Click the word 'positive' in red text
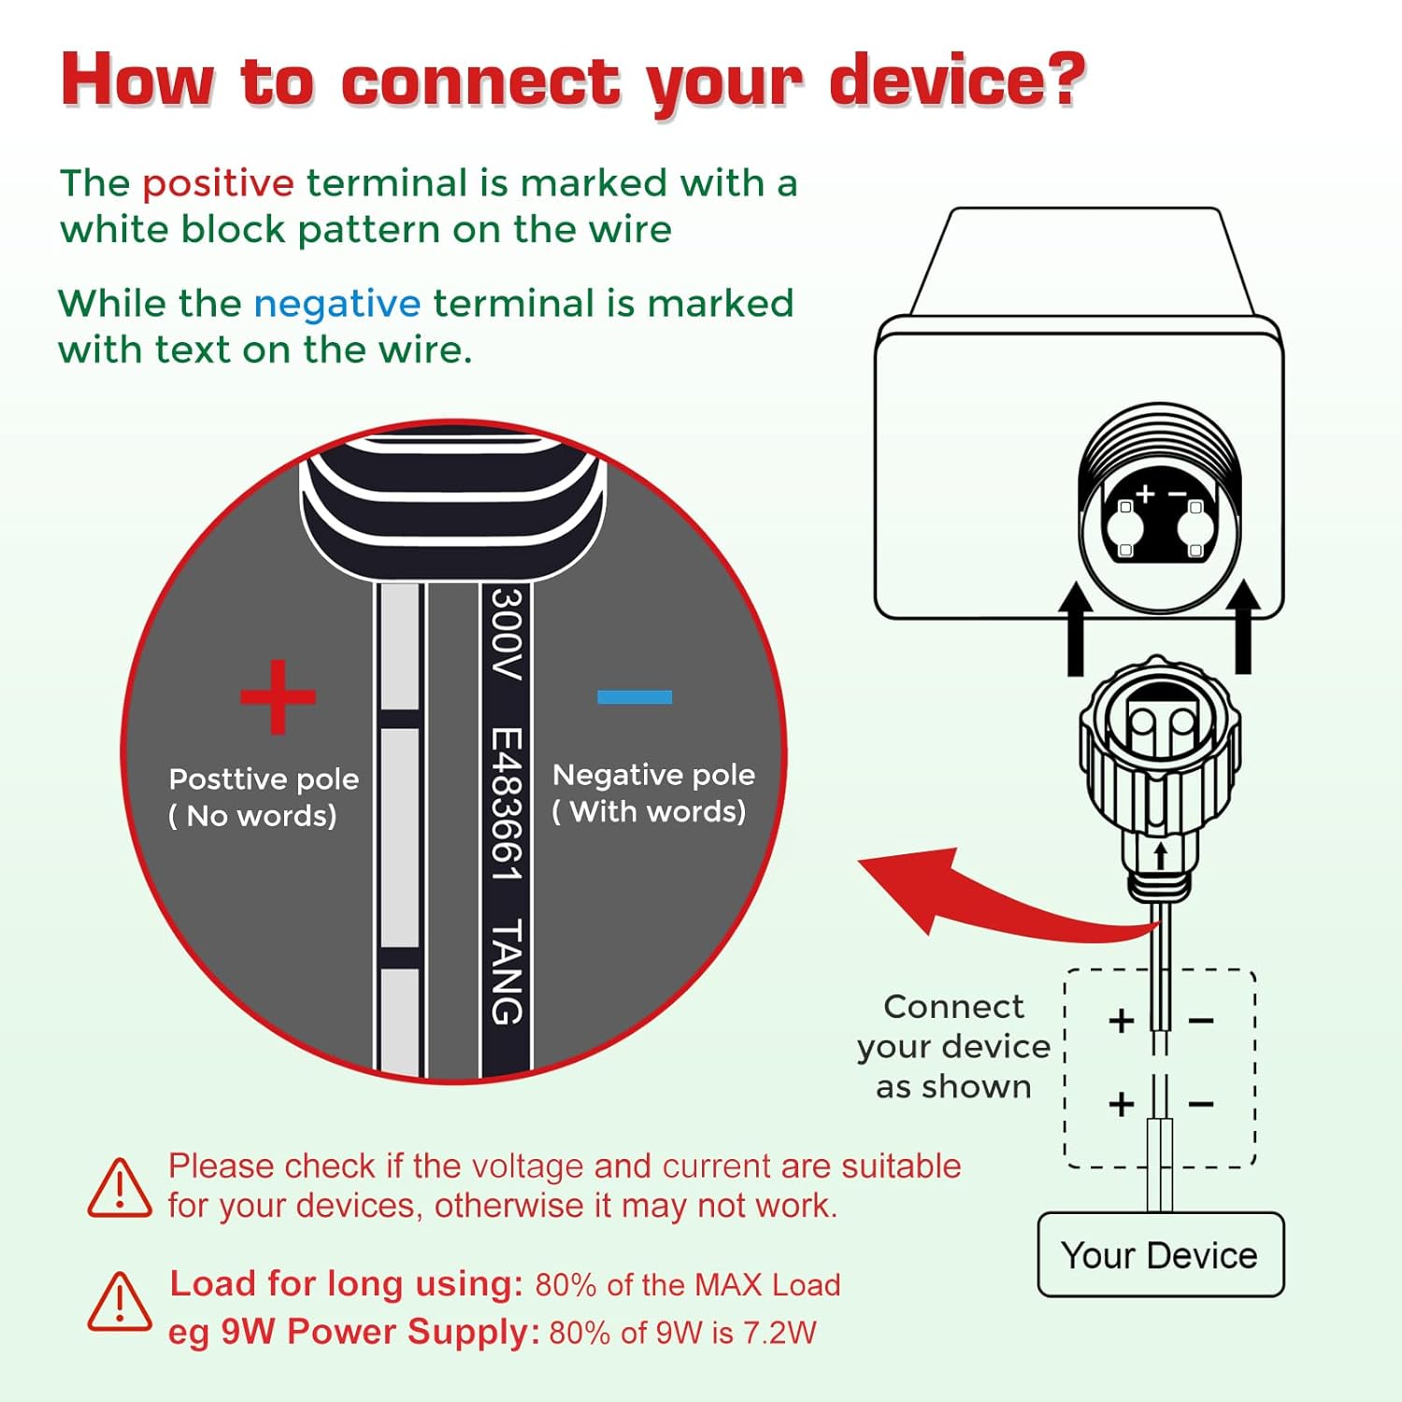click(x=218, y=184)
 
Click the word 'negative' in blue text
click(x=336, y=305)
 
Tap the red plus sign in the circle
click(x=278, y=697)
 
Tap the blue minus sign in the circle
click(x=635, y=696)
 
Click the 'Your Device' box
click(x=1160, y=1254)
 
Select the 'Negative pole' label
click(x=653, y=775)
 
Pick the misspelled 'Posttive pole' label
click(x=264, y=780)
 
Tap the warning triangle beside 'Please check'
click(x=120, y=1188)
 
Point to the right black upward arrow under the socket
click(x=1243, y=626)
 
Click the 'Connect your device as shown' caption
click(x=953, y=1047)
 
